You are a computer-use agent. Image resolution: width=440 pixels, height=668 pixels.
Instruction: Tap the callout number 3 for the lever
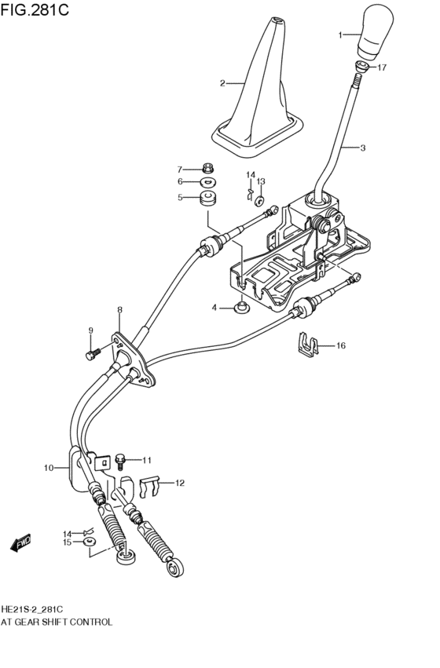pos(363,148)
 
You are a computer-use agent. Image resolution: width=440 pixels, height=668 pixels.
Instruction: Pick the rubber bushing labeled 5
pos(208,198)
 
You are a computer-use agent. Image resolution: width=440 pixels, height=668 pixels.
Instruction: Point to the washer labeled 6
pos(208,182)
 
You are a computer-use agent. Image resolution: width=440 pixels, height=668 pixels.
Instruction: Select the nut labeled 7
pos(208,168)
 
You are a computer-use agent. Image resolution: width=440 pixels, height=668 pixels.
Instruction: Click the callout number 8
pos(119,311)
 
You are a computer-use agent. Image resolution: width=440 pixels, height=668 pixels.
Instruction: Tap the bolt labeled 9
pos(91,355)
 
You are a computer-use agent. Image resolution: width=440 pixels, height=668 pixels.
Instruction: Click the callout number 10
pos(49,468)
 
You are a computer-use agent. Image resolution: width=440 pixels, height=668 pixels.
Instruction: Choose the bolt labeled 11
pos(120,458)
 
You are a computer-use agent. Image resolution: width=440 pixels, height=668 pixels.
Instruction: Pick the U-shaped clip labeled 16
pos(311,343)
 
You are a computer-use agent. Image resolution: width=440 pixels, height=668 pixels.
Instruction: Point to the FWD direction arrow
pos(20,542)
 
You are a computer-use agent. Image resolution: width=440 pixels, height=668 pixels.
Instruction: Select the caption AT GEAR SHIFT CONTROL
pos(57,622)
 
